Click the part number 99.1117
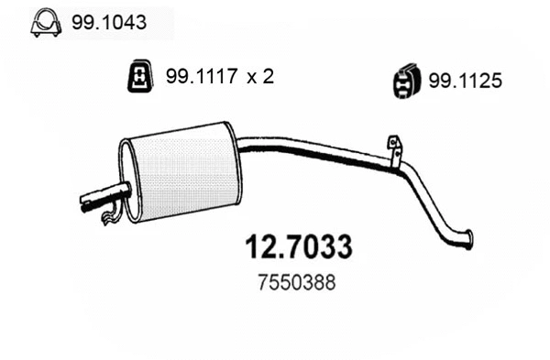pyautogui.click(x=196, y=78)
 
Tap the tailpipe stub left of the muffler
pyautogui.click(x=103, y=194)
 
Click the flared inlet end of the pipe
pyautogui.click(x=467, y=238)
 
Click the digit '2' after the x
pyautogui.click(x=268, y=78)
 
